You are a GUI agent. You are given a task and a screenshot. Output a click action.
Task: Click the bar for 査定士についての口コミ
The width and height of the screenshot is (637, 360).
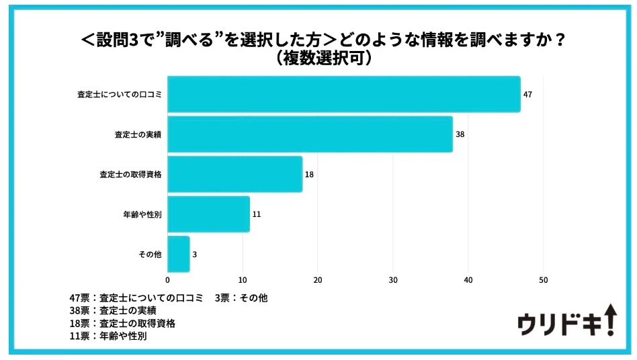point(343,94)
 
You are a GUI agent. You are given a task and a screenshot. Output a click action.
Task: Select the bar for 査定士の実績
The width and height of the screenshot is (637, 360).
point(310,134)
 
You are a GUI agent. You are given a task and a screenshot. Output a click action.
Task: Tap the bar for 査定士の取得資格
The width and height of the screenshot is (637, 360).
point(235,174)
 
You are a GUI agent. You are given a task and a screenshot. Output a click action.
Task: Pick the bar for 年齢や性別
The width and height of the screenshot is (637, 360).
point(208,214)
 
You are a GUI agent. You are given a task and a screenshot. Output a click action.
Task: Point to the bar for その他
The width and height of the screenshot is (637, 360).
point(179,254)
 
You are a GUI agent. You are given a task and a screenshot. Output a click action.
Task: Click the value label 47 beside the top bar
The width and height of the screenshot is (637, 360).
point(527,95)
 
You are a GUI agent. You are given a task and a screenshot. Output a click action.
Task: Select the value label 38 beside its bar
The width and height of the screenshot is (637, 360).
point(460,134)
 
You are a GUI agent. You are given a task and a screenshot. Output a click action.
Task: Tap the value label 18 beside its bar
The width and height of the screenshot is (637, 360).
point(310,175)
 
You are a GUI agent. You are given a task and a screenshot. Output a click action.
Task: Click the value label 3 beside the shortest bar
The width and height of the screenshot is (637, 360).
point(196,255)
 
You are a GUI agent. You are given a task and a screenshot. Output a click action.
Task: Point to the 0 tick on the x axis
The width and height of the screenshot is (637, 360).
point(167,280)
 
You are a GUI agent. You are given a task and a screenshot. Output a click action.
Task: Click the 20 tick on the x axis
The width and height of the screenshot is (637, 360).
point(318,280)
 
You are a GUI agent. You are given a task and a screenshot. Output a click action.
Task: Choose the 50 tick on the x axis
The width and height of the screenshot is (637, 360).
point(544,280)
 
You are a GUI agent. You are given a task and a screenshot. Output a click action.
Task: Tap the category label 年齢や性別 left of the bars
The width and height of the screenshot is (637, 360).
point(142,214)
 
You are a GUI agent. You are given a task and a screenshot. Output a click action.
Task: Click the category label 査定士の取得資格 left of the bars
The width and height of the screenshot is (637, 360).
point(130,175)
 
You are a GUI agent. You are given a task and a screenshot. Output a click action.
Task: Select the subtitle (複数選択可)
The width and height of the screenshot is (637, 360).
point(318,59)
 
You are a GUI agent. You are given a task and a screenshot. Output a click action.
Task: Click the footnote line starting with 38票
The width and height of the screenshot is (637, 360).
point(112,310)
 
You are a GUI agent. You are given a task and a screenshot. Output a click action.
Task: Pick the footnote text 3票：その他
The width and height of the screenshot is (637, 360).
point(241,298)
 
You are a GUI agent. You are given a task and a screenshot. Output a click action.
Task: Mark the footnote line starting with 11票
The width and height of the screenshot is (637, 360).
point(108,336)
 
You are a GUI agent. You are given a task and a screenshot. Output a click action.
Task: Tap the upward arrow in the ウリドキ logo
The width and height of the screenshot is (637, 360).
point(609,317)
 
